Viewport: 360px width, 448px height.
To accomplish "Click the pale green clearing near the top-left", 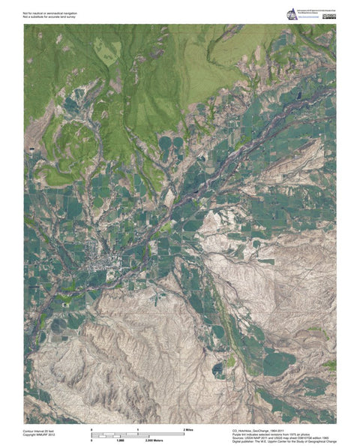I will pyautogui.click(x=112, y=50).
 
